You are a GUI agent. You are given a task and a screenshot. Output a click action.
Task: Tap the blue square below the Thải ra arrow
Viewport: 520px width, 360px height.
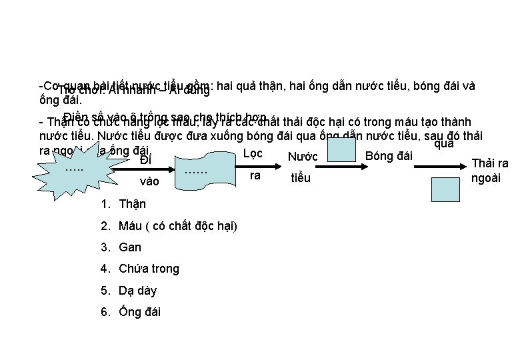pyautogui.click(x=445, y=188)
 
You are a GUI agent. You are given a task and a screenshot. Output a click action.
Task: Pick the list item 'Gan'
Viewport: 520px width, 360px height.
pyautogui.click(x=130, y=247)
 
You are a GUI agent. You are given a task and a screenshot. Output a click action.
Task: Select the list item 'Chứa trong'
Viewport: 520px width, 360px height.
pyautogui.click(x=149, y=269)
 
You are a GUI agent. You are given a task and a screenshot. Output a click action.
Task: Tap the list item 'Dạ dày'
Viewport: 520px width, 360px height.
pyautogui.click(x=138, y=291)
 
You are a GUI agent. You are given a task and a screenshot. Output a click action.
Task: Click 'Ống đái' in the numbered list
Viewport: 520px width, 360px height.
pyautogui.click(x=139, y=312)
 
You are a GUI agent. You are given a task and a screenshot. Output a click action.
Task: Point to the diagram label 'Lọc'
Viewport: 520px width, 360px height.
pyautogui.click(x=253, y=153)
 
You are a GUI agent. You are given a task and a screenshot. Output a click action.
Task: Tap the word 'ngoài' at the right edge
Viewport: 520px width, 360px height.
pyautogui.click(x=487, y=179)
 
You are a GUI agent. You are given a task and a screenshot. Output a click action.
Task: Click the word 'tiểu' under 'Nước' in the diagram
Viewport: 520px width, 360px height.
pyautogui.click(x=301, y=179)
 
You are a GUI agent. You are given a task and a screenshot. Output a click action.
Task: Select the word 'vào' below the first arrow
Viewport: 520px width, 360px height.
pyautogui.click(x=150, y=181)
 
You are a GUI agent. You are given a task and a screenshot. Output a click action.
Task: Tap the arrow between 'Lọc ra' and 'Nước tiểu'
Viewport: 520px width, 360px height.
pyautogui.click(x=273, y=167)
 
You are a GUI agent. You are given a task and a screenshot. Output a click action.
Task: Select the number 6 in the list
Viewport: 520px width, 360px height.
pyautogui.click(x=104, y=312)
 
